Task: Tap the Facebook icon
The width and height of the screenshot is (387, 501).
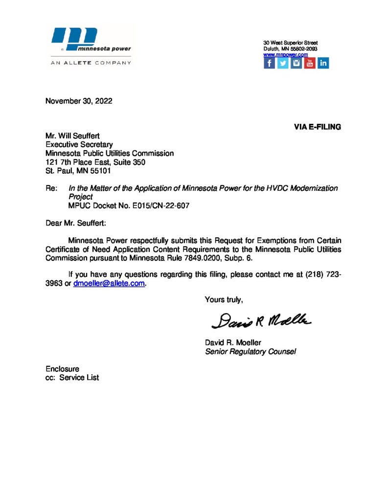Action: [x=269, y=63]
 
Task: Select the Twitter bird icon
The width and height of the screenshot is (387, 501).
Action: [x=283, y=63]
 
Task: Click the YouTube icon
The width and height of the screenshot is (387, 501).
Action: [x=310, y=63]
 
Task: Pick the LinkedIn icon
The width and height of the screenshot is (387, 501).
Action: [x=323, y=63]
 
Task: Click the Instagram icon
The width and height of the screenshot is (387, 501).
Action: [x=296, y=63]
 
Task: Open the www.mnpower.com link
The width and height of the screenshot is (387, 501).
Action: [x=285, y=55]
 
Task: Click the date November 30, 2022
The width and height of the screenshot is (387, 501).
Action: [x=79, y=102]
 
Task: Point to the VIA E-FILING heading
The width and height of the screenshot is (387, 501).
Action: [x=317, y=127]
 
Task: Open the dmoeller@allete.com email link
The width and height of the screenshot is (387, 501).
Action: [x=109, y=284]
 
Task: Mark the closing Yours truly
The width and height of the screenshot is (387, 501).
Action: [x=224, y=300]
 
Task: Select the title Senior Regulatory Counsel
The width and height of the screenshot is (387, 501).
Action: [x=250, y=351]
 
